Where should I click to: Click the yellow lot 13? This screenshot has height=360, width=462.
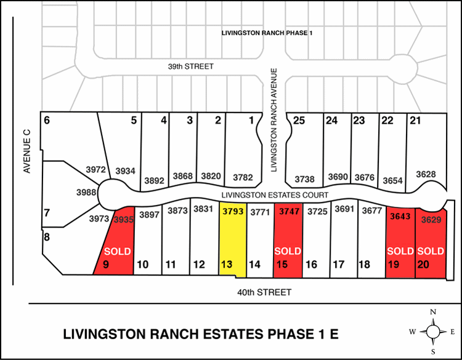click(x=233, y=243)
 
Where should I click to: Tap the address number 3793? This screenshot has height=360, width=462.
click(x=233, y=210)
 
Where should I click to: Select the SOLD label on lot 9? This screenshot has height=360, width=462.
click(x=117, y=252)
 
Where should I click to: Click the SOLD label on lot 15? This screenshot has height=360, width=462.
click(x=287, y=252)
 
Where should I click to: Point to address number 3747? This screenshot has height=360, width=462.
click(x=288, y=210)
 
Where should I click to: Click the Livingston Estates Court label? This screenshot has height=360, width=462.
click(x=274, y=195)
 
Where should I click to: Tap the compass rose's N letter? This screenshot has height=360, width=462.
click(x=433, y=312)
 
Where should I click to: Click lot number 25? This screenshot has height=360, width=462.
click(x=299, y=120)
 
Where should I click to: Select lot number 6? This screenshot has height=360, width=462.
click(x=47, y=120)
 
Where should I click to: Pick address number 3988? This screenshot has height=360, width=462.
click(x=86, y=193)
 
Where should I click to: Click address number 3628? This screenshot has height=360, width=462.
click(x=426, y=175)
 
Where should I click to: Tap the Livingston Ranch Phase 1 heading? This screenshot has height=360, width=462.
click(x=267, y=32)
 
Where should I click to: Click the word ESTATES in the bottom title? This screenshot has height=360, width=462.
click(x=236, y=335)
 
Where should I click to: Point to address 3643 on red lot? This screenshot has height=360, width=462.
click(x=400, y=216)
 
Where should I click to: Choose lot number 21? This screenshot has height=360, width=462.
click(x=415, y=120)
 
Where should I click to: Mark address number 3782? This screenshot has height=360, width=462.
click(x=243, y=178)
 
